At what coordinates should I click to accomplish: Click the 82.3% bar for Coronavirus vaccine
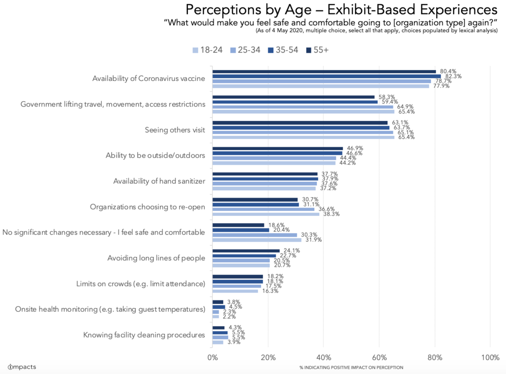tap(326, 76)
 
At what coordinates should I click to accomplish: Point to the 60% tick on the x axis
tap(379, 357)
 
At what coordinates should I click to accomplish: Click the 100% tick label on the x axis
tap(490, 357)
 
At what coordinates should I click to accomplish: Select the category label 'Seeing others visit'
tap(175, 130)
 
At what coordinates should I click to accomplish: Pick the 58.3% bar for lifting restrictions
tap(294, 97)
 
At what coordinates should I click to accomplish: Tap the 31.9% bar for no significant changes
tap(257, 240)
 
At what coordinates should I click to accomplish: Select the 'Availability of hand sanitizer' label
tap(159, 181)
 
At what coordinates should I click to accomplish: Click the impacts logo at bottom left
tap(22, 367)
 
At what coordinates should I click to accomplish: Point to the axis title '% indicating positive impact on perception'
tap(351, 368)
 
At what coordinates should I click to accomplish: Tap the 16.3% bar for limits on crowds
tap(235, 291)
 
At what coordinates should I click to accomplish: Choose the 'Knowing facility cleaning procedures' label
tap(144, 335)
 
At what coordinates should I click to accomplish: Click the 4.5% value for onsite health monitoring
tap(234, 307)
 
